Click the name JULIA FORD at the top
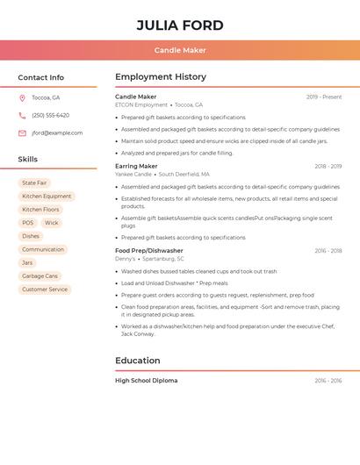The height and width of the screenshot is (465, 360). click(180, 25)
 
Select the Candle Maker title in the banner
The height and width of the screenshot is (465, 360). click(180, 50)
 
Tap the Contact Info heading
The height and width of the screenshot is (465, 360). click(41, 77)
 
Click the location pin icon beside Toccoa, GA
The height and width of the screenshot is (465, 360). click(22, 97)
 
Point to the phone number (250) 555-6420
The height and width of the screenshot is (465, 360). click(50, 115)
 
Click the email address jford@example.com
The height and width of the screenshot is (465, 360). click(57, 132)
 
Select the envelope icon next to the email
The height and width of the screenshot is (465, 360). click(22, 132)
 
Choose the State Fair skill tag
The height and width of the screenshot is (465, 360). click(34, 183)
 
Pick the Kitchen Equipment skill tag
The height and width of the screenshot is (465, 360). click(47, 197)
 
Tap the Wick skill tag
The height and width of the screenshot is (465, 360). click(52, 223)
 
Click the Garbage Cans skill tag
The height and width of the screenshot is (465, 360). click(40, 276)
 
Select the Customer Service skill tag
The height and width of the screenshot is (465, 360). click(45, 290)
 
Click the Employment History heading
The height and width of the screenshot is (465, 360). click(161, 77)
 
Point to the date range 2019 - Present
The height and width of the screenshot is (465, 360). click(324, 97)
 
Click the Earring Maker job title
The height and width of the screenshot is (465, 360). click(136, 166)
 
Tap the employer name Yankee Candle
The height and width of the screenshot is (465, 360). click(133, 174)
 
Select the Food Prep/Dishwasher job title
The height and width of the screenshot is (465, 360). click(149, 251)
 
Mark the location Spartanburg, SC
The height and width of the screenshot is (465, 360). click(163, 259)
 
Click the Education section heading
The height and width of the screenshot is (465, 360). click(138, 361)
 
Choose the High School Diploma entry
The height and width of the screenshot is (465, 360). click(146, 381)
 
